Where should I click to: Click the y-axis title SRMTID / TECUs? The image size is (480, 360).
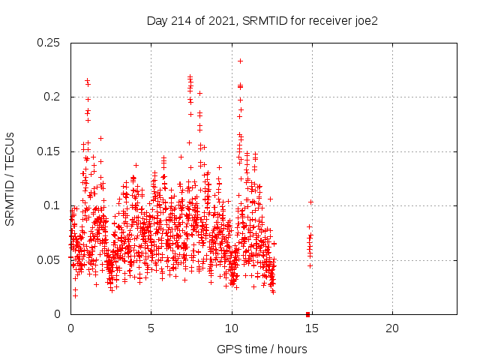[x=10, y=178]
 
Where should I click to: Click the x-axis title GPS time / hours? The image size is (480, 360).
[x=262, y=349]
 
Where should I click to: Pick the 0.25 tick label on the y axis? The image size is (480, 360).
[x=49, y=43]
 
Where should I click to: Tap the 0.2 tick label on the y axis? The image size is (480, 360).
[x=52, y=97]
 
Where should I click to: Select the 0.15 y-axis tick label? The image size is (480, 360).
[x=49, y=151]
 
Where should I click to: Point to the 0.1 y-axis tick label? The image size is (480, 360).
[x=52, y=205]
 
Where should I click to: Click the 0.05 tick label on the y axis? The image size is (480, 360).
[x=49, y=260]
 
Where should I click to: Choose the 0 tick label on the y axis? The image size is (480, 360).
[x=58, y=314]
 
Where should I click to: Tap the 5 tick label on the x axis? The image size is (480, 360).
[x=151, y=328]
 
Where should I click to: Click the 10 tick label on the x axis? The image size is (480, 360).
[x=231, y=328]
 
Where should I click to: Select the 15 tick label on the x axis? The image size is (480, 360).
[x=311, y=328]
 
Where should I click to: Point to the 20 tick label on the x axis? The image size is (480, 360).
[x=391, y=328]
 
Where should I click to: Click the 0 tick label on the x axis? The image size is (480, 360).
[x=70, y=328]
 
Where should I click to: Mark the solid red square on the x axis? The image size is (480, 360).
[x=308, y=313]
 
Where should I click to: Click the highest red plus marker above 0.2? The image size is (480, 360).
[x=240, y=61]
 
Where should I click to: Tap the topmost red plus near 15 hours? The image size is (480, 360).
[x=310, y=202]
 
